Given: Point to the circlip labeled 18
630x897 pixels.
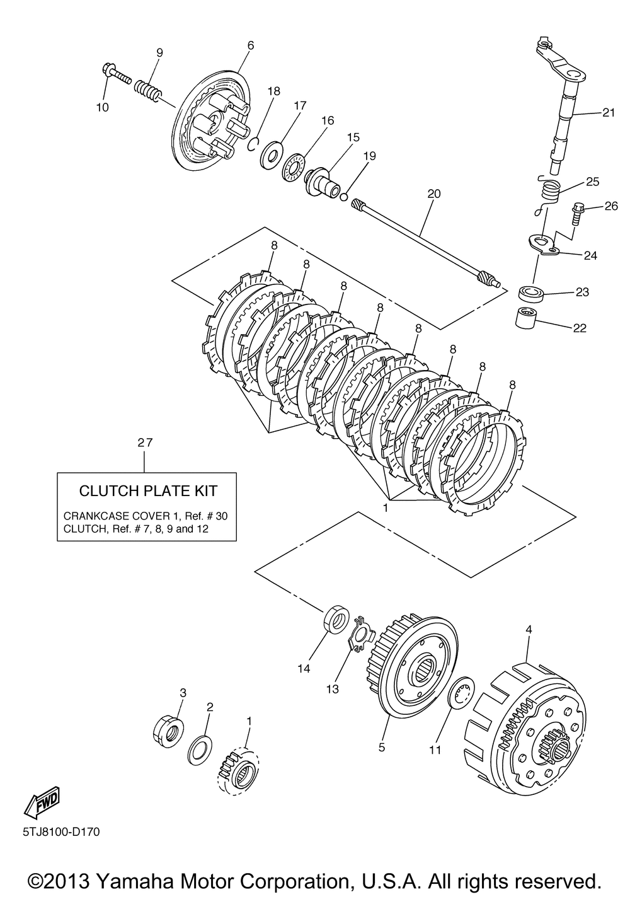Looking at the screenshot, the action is pyautogui.click(x=254, y=143).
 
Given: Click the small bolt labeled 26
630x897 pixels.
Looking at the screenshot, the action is pyautogui.click(x=576, y=214).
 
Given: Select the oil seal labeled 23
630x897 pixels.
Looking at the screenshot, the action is pyautogui.click(x=530, y=294).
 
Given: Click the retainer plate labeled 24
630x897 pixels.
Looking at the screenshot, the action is pyautogui.click(x=541, y=245).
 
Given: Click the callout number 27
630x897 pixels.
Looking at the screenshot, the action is pyautogui.click(x=145, y=443).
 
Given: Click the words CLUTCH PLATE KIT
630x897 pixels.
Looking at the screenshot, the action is pyautogui.click(x=148, y=490).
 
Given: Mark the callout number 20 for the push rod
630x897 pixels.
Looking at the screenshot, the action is pyautogui.click(x=434, y=194).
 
